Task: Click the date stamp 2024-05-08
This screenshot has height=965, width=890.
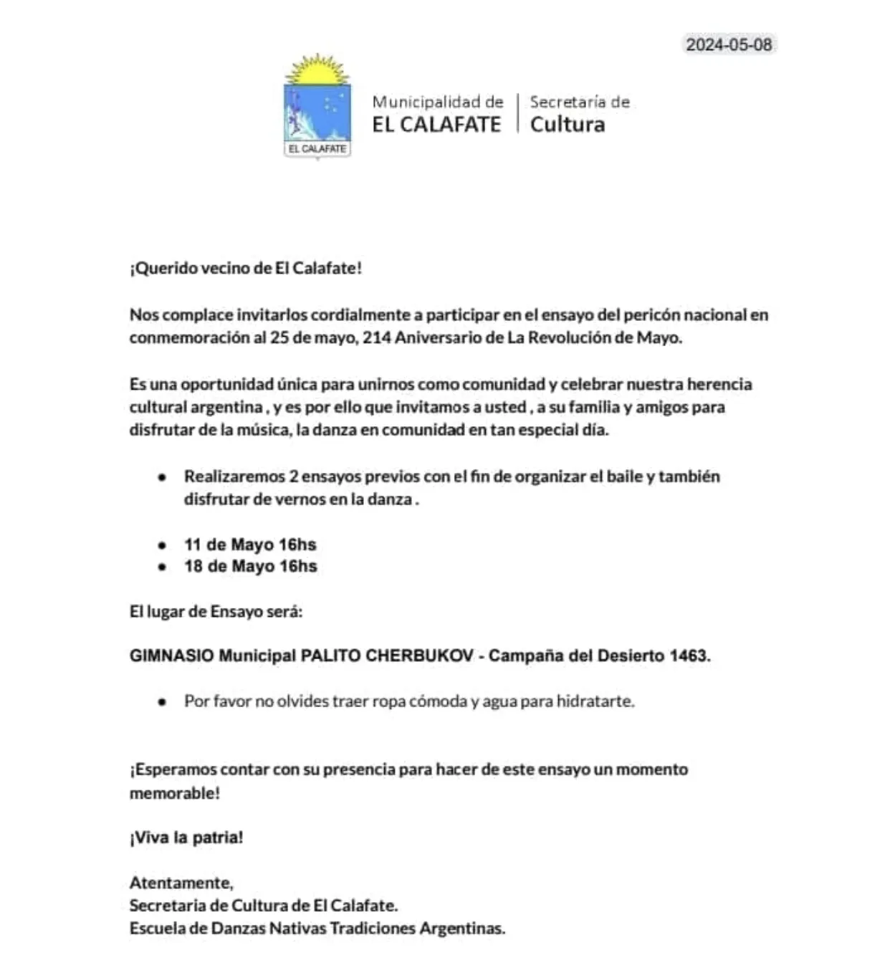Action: (x=729, y=44)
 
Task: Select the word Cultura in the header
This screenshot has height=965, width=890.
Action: (x=568, y=124)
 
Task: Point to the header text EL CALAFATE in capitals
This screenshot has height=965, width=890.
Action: (x=436, y=124)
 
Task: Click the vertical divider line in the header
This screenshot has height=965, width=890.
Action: (x=517, y=112)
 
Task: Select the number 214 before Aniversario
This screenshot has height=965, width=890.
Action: (x=377, y=337)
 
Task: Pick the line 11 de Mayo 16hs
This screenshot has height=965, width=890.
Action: (x=250, y=544)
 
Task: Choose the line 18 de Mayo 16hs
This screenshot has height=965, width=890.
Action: (x=250, y=566)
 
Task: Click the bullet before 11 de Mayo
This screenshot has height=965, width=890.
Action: (x=163, y=545)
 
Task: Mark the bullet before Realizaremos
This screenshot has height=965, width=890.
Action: (x=163, y=477)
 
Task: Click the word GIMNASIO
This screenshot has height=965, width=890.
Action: (x=171, y=656)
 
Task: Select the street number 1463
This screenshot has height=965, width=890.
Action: (x=688, y=656)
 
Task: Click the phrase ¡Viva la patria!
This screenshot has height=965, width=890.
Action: (x=186, y=837)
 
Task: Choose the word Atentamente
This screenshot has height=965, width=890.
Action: (x=181, y=883)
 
